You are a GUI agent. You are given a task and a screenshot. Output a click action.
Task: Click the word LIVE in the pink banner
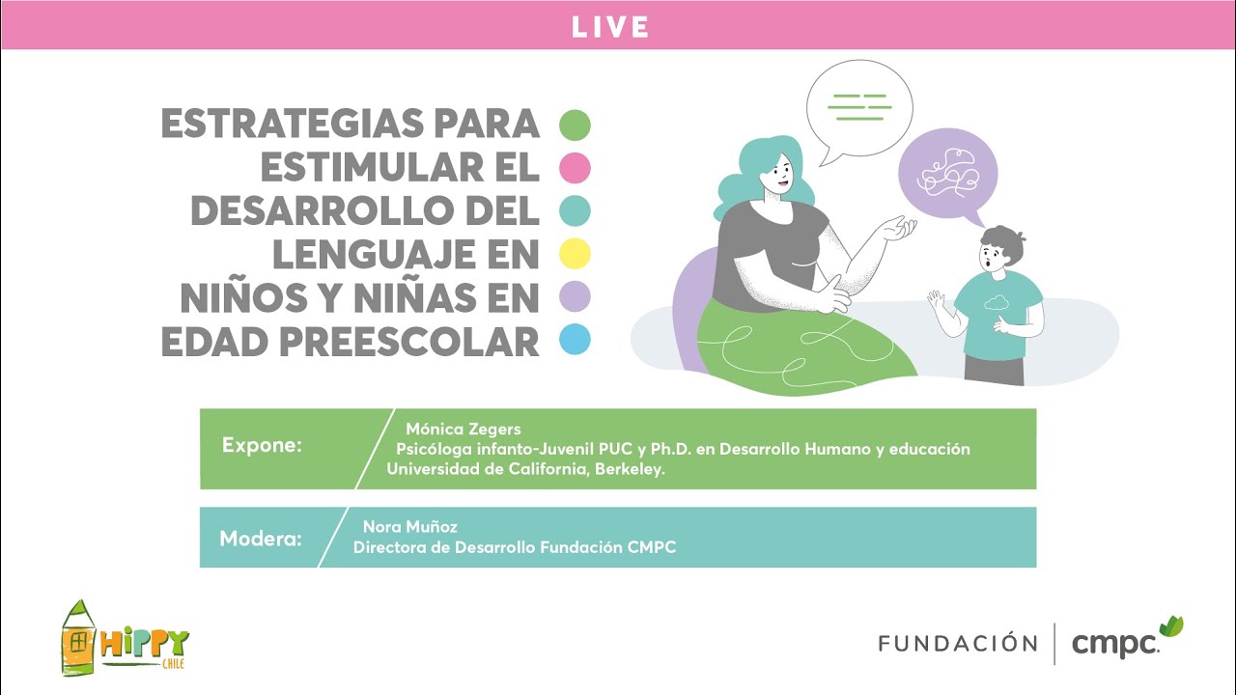(x=609, y=26)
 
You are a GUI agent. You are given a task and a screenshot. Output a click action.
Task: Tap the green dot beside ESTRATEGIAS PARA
(x=575, y=125)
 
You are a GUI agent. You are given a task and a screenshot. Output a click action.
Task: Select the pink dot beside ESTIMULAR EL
(x=575, y=168)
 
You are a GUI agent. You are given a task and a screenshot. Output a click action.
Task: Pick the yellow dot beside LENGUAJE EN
(x=575, y=254)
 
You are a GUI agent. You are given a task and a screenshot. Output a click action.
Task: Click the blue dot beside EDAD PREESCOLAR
(x=575, y=340)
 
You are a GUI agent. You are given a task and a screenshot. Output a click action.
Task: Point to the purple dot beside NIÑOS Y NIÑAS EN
(x=575, y=296)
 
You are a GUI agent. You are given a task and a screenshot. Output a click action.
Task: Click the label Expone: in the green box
(x=262, y=446)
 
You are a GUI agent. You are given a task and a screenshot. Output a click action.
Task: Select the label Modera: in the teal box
(x=261, y=538)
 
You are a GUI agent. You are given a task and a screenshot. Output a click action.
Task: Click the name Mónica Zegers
(x=463, y=429)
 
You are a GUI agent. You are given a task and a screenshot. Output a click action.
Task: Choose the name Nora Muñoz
(x=409, y=527)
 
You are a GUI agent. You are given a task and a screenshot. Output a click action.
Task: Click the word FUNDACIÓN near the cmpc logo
(x=957, y=643)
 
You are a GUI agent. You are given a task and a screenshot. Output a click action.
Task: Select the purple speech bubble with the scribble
(x=947, y=173)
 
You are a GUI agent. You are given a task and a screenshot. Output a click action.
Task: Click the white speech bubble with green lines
(x=859, y=106)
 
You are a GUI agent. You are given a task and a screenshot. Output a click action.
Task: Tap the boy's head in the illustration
(x=1000, y=250)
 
